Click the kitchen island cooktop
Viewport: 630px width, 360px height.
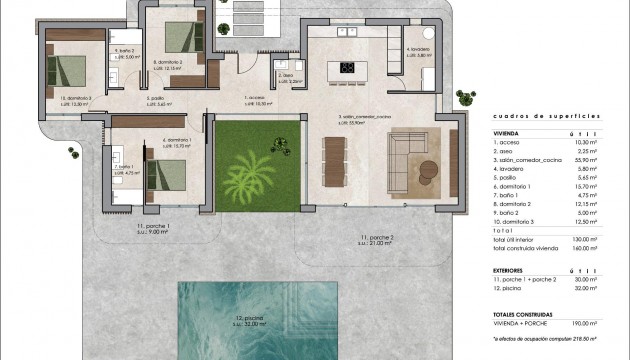(x=349, y=69)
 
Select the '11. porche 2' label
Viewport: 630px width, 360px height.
(x=375, y=238)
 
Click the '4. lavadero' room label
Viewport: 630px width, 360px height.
(x=417, y=50)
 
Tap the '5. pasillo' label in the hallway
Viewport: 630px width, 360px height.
(x=155, y=98)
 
